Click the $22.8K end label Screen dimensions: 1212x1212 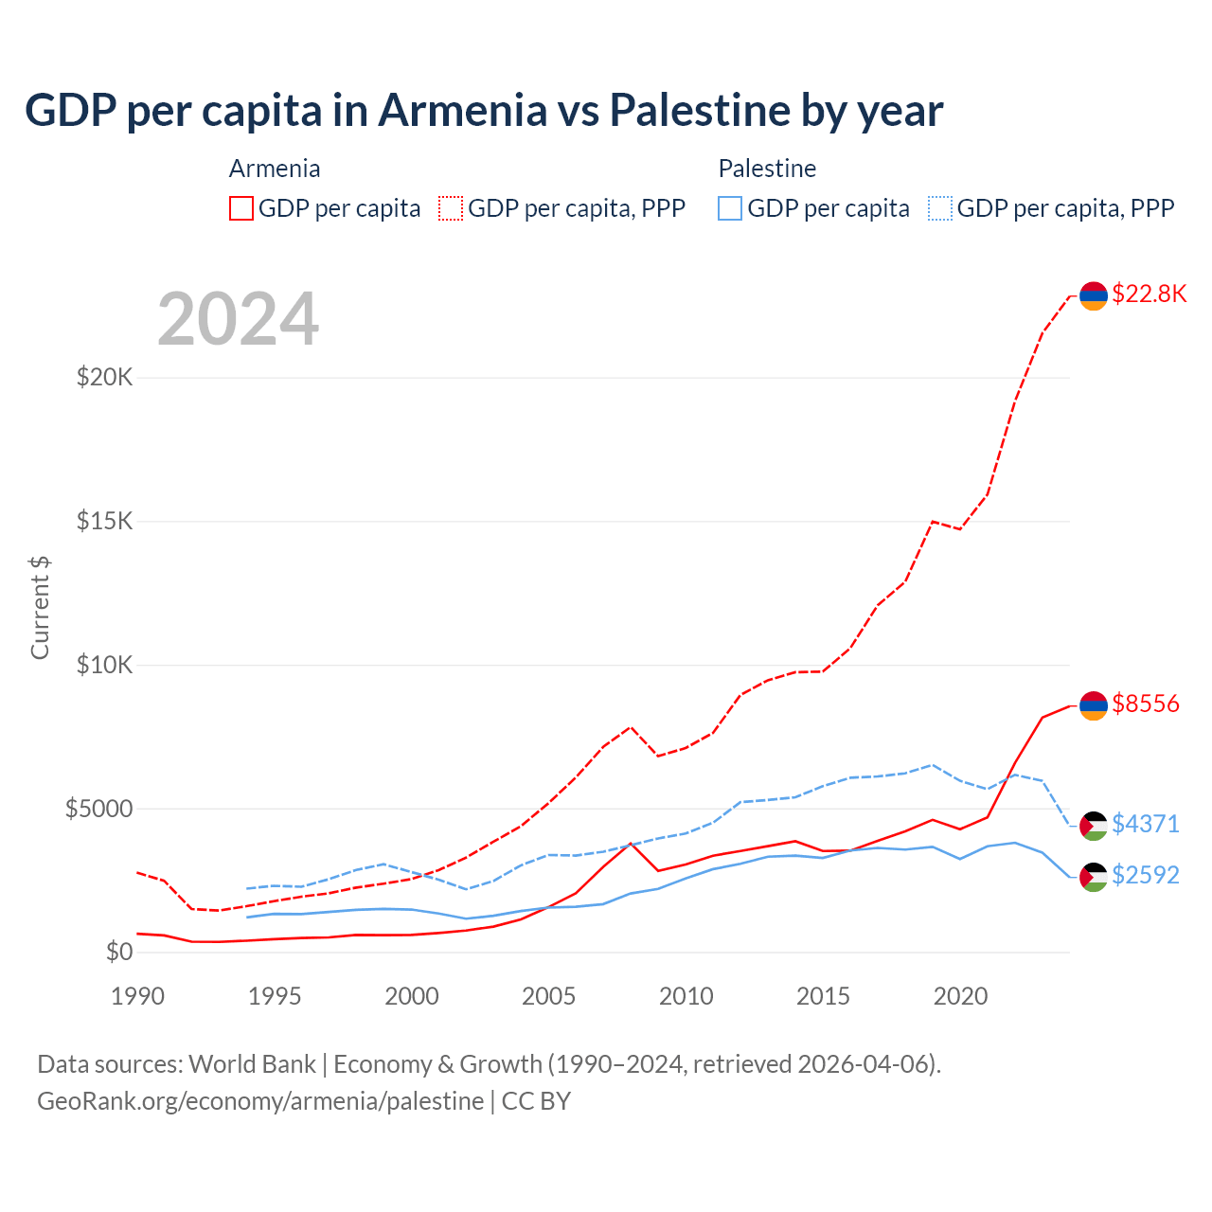(x=1149, y=294)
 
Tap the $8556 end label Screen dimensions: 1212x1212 (x=1146, y=704)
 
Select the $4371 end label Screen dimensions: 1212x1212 (x=1146, y=824)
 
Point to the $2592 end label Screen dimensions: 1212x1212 (x=1146, y=875)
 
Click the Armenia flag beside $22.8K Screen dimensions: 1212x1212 (x=1094, y=295)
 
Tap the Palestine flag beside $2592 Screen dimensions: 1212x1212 (x=1094, y=877)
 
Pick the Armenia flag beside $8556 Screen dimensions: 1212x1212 (x=1094, y=705)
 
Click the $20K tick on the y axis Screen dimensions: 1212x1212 (x=105, y=377)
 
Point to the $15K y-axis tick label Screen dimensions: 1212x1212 (x=105, y=521)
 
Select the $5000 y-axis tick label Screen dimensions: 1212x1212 (x=98, y=809)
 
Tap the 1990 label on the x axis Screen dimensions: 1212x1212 (x=137, y=996)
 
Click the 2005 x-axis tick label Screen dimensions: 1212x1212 (x=549, y=996)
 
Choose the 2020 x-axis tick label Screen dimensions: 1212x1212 (x=960, y=996)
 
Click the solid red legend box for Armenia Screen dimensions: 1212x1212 (x=241, y=208)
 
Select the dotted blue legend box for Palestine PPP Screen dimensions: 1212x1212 (x=940, y=208)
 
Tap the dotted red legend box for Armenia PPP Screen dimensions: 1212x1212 (x=452, y=208)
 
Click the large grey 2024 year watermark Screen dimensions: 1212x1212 (x=239, y=319)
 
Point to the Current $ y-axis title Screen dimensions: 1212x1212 (x=40, y=608)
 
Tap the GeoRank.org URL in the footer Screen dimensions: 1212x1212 (x=260, y=1101)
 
